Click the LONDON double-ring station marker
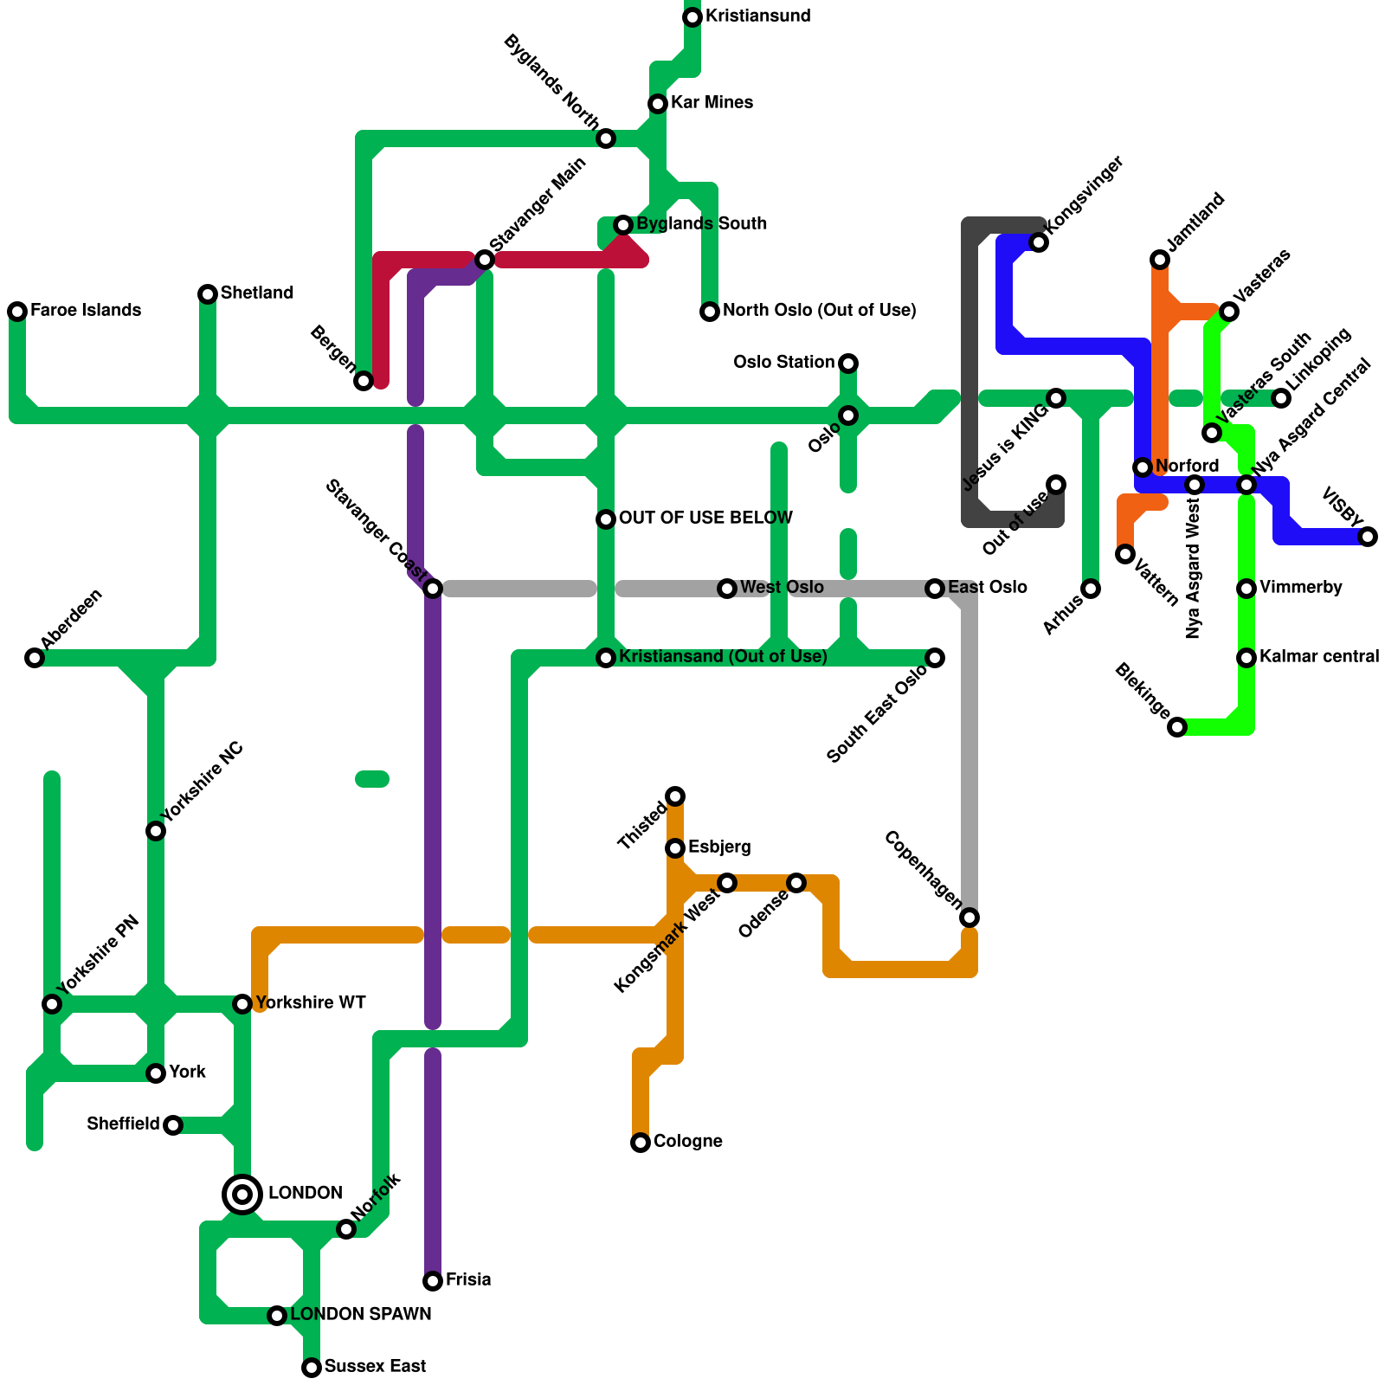[242, 1195]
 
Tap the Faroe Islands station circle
[17, 312]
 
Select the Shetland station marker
[208, 294]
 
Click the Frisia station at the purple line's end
[433, 1281]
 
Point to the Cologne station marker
[641, 1143]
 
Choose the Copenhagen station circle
[969, 918]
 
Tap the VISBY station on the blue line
[1368, 537]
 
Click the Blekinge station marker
[1177, 727]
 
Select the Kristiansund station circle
[692, 17]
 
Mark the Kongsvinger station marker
[1039, 242]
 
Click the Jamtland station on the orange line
[1160, 260]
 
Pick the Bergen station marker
[364, 381]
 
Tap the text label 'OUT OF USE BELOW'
[705, 519]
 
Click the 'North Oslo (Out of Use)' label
[819, 311]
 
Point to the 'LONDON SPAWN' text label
[360, 1315]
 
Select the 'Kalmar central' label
[1319, 657]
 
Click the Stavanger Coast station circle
[433, 589]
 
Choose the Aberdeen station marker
[35, 658]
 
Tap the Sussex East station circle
[312, 1368]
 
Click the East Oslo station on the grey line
[935, 589]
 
